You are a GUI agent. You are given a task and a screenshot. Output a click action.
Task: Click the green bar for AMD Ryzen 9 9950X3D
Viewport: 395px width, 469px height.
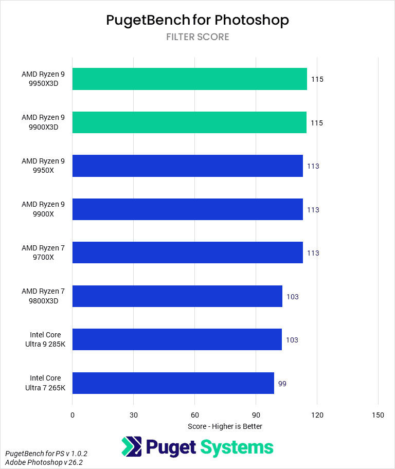189,79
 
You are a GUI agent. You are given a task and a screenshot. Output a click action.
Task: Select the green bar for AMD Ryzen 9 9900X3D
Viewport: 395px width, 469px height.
189,122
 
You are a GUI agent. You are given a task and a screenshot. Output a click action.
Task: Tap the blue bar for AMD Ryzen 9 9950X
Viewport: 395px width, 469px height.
187,166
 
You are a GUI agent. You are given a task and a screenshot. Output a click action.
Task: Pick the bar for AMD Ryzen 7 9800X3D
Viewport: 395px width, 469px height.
177,296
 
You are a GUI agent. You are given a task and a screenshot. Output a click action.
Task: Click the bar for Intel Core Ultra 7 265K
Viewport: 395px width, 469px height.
173,383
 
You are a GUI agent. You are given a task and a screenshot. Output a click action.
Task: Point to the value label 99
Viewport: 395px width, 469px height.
282,384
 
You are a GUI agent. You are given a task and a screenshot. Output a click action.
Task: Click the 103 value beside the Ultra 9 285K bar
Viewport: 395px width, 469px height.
292,340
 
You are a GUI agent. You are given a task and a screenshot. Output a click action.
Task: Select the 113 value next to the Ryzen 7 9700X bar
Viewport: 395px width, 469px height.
313,253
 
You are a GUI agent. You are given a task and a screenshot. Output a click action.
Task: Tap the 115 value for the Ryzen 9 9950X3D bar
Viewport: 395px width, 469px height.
317,80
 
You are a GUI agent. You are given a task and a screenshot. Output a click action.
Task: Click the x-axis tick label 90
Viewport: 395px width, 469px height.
256,415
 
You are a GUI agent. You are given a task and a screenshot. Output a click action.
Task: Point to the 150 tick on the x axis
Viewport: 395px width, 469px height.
378,415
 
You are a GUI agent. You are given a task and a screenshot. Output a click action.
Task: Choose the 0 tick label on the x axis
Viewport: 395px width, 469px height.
73,415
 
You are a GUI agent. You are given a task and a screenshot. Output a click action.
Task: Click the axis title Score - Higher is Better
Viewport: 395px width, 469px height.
225,426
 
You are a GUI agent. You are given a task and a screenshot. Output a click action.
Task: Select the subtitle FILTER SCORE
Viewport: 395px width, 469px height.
197,37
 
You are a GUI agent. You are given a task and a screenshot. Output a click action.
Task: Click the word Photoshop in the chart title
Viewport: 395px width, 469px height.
252,20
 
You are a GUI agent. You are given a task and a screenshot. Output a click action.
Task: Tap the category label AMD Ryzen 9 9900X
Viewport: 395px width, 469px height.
43,209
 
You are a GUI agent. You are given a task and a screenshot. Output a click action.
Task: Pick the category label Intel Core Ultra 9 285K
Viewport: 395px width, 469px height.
45,339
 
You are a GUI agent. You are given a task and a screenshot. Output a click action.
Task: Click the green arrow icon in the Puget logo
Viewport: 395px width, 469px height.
132,447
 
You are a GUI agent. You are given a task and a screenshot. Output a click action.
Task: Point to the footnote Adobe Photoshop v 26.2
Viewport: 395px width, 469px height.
46,463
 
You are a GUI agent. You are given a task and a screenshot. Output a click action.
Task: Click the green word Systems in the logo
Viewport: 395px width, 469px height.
237,447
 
